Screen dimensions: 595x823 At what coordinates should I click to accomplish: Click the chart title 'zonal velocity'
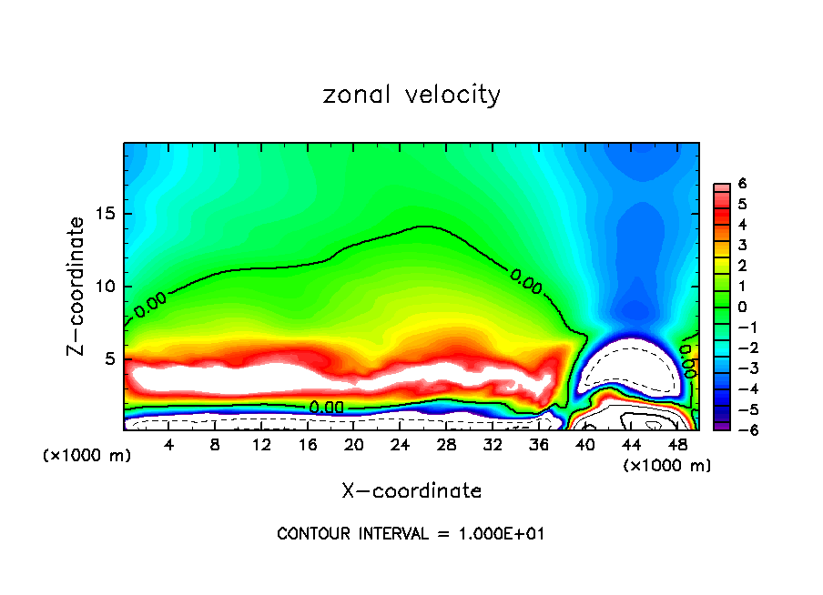[411, 95]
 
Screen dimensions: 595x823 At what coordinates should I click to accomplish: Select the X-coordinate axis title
[411, 491]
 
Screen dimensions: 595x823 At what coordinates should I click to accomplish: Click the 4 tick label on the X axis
[169, 445]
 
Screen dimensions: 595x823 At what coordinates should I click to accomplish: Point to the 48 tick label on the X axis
[678, 445]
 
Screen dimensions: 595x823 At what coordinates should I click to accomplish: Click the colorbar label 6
[742, 183]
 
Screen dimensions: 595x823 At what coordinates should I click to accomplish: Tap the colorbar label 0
[742, 306]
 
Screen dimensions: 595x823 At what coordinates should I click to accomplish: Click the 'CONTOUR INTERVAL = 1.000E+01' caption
[411, 534]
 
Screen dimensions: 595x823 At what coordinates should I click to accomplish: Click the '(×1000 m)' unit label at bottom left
[86, 456]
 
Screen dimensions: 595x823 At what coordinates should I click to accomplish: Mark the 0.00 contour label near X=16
[327, 407]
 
